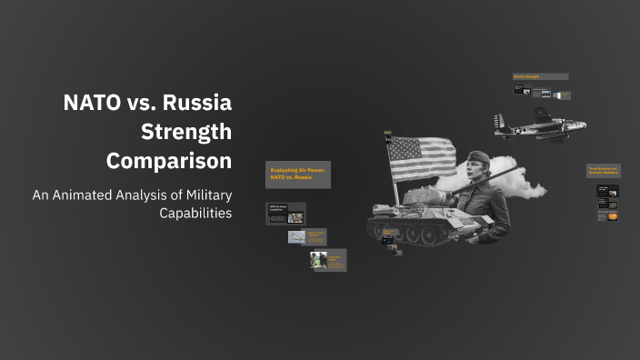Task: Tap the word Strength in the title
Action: pos(186,132)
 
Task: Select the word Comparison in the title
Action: pos(169,161)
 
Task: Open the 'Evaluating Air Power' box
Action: pos(298,174)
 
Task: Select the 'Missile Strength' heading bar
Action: pos(540,76)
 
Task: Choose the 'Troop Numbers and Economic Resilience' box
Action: pos(604,170)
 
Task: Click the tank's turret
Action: pos(423,197)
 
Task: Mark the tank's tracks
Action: pos(414,235)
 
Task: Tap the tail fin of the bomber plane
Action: pos(499,120)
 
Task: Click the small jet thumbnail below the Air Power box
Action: pos(295,236)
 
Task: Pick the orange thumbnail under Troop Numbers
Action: pos(609,216)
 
